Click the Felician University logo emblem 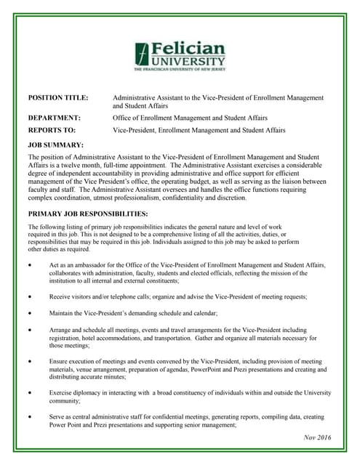pos(143,54)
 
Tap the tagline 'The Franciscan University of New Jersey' pos(179,70)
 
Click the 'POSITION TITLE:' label pos(58,97)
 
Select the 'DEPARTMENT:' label pos(54,117)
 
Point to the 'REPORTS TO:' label pos(52,130)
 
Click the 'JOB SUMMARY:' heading pos(55,145)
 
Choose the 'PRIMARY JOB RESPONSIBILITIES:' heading pos(87,214)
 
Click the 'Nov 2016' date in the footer pos(317,437)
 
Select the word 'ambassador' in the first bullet pos(81,266)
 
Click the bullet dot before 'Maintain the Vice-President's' pos(29,313)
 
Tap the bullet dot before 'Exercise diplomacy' pos(29,393)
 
